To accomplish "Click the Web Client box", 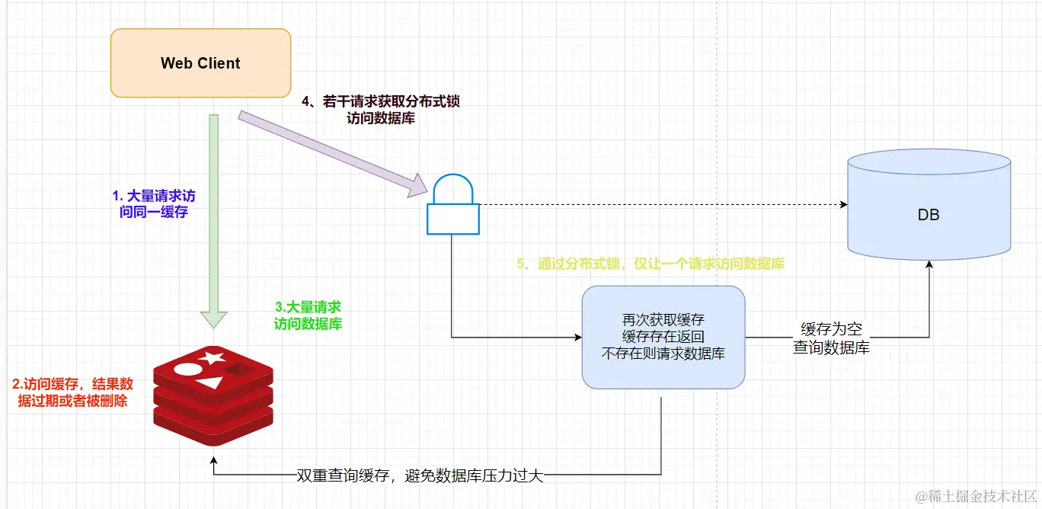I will coord(200,63).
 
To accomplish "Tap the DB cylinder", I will coord(929,214).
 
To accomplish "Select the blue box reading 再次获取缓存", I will coord(663,337).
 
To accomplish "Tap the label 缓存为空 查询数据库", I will coord(831,338).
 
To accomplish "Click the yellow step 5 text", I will coord(650,264).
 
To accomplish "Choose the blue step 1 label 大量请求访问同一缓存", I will coord(154,204).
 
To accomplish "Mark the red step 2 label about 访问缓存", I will coord(73,392).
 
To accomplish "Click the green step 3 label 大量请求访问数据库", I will coord(308,315).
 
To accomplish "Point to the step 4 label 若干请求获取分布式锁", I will coord(381,109).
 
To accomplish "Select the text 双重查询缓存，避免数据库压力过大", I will coord(420,477).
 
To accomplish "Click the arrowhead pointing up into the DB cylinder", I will coord(929,264).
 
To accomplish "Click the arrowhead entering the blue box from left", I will coord(577,337).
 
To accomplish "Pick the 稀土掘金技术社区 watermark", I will coord(976,495).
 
